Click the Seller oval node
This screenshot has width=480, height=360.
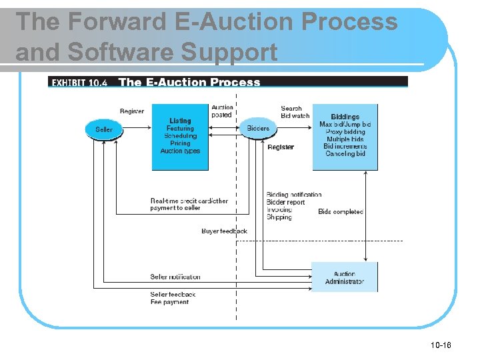tap(104, 129)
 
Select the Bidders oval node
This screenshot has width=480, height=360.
tap(258, 128)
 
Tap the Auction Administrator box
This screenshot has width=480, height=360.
tap(345, 277)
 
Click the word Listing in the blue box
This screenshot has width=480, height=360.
tap(180, 121)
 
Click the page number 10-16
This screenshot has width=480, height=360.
tap(441, 345)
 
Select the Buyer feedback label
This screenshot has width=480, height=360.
tap(224, 231)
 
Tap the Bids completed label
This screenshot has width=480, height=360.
tap(340, 212)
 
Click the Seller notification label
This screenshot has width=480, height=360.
tap(175, 277)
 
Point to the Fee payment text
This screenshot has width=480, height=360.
tap(169, 302)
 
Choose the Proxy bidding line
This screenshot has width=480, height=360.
tap(345, 132)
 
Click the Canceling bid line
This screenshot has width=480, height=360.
tap(345, 154)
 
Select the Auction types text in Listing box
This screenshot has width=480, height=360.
tap(180, 151)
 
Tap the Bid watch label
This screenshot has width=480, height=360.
tap(295, 116)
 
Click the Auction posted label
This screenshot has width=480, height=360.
tap(222, 111)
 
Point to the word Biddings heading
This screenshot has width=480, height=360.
tap(345, 117)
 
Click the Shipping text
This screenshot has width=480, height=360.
tap(279, 218)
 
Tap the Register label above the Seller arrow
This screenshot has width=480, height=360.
tap(131, 111)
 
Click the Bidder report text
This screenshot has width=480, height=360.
tap(285, 203)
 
